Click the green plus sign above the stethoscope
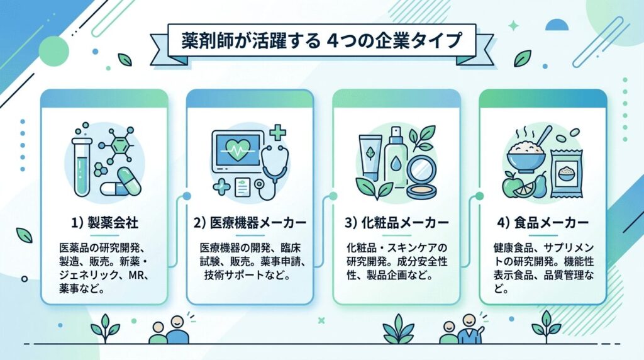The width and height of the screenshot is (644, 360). click(x=277, y=133)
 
